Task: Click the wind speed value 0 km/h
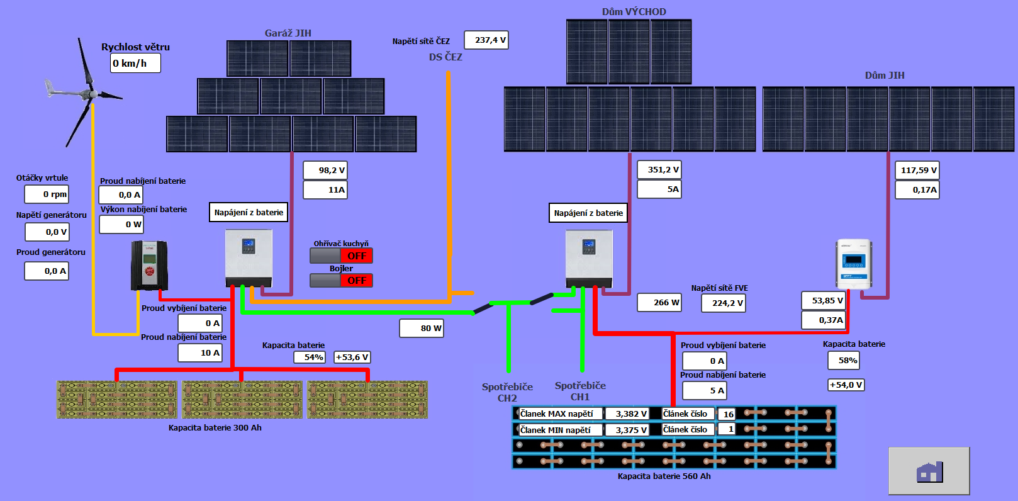[135, 63]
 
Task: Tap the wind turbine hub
[92, 94]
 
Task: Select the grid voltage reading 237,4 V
[486, 40]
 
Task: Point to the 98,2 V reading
[325, 170]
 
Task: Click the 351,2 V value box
[659, 169]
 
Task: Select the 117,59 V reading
[917, 170]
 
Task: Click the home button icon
[929, 471]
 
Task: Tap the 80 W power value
[422, 328]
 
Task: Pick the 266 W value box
[659, 302]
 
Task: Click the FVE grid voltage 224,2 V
[724, 303]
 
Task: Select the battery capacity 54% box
[310, 357]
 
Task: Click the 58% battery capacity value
[844, 360]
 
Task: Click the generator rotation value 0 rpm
[47, 194]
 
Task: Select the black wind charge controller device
[149, 266]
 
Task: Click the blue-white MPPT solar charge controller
[854, 263]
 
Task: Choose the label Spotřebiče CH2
[507, 392]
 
